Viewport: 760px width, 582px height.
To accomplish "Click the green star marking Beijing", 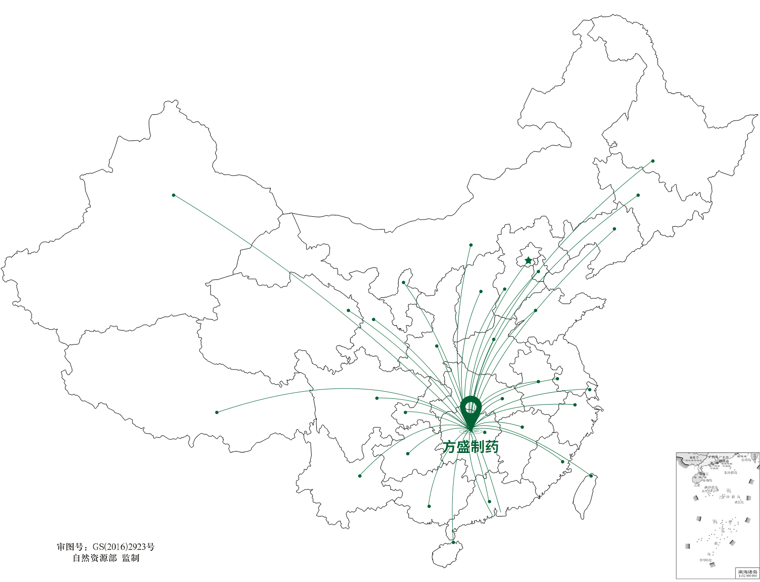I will [x=528, y=260].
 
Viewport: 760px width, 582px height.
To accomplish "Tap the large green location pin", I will [x=471, y=411].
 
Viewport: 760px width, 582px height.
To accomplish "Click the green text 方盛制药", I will [x=470, y=447].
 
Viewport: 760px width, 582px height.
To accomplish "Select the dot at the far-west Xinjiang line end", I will [x=174, y=195].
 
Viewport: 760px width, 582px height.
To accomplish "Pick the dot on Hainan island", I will [x=453, y=542].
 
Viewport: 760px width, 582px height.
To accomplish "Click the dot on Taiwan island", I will [x=591, y=475].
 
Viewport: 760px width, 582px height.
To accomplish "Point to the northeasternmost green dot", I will [x=653, y=161].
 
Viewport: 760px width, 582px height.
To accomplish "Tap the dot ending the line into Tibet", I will [x=217, y=412].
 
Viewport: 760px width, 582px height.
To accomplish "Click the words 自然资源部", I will [x=95, y=558].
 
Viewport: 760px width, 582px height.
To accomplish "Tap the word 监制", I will [x=131, y=558].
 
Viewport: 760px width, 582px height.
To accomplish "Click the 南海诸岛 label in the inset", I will [x=748, y=572].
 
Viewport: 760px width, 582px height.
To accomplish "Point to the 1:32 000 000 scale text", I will [x=748, y=576].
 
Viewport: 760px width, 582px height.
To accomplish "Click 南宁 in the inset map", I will [x=694, y=458].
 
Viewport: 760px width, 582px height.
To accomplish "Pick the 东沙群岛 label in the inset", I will [x=730, y=472].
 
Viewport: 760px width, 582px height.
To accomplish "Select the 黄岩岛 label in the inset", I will [x=739, y=502].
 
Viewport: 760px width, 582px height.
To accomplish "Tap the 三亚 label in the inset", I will [x=696, y=485].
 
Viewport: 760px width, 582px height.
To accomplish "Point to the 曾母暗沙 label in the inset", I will [x=705, y=560].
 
